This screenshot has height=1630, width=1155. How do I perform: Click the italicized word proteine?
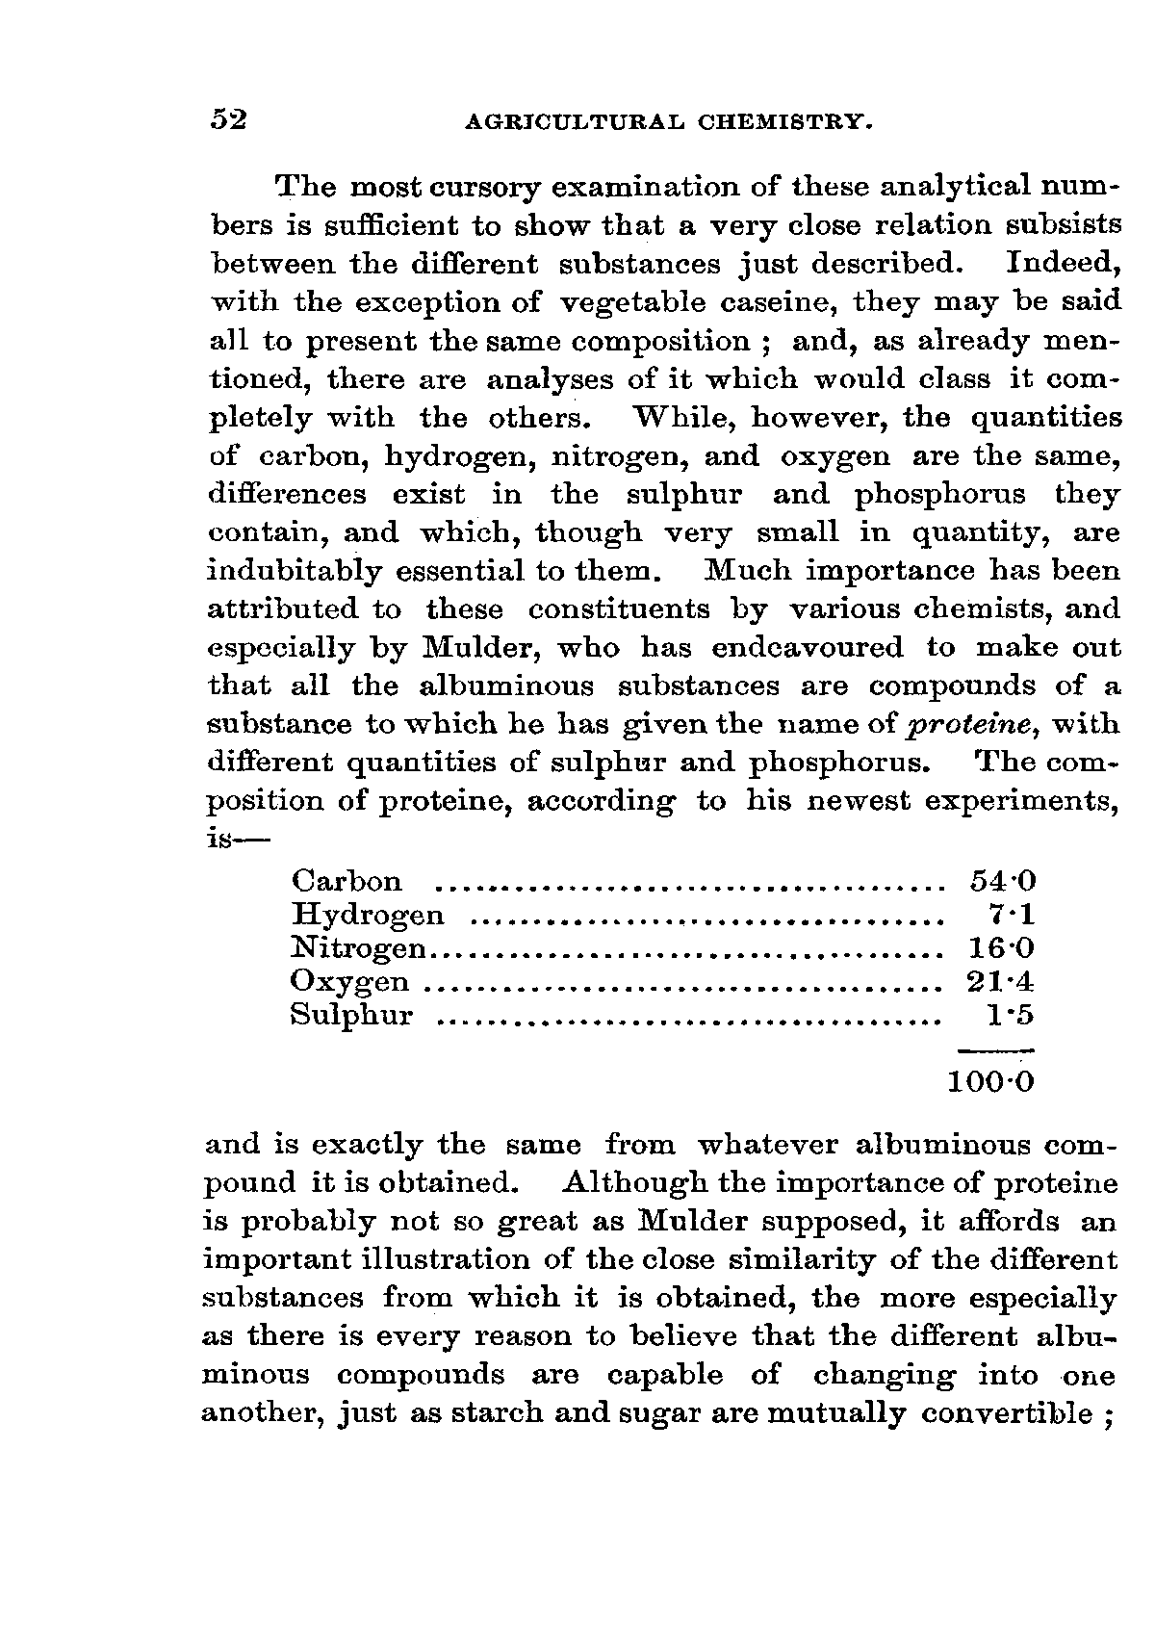[x=946, y=725]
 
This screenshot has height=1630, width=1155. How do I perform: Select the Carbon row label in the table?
[x=346, y=881]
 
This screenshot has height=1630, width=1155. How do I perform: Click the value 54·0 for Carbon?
[x=1001, y=881]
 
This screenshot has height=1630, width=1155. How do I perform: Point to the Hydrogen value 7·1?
[x=1013, y=915]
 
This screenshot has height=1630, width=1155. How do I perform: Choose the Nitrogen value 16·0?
[x=1001, y=948]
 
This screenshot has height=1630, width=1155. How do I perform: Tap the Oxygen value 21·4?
[x=1001, y=982]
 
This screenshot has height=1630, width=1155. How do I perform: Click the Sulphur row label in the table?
[x=351, y=1016]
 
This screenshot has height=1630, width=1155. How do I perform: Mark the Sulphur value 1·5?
[x=1013, y=1016]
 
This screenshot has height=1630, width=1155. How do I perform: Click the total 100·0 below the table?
[x=990, y=1082]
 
